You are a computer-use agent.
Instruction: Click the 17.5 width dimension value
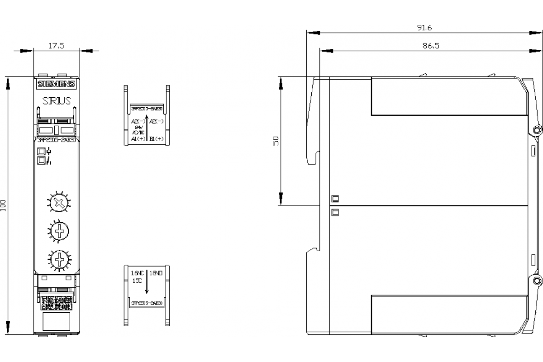coord(57,45)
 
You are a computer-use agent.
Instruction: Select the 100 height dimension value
coord(4,206)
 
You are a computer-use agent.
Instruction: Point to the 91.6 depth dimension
coord(424,28)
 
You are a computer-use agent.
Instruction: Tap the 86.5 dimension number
coord(431,45)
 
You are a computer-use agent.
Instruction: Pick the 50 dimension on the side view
coord(276,141)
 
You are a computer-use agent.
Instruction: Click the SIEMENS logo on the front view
coord(56,84)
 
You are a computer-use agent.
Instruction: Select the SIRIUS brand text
coord(57,100)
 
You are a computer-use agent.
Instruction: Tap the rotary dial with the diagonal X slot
coord(57,203)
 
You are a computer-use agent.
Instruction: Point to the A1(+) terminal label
coord(138,139)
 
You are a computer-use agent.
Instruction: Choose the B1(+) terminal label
coord(156,139)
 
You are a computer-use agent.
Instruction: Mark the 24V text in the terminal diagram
coord(138,128)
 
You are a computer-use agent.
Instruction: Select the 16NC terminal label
coord(137,273)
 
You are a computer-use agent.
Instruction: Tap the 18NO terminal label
coord(156,273)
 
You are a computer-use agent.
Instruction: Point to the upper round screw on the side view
coord(538,130)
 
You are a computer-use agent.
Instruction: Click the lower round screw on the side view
coord(538,280)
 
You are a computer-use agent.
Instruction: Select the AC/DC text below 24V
coord(138,133)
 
